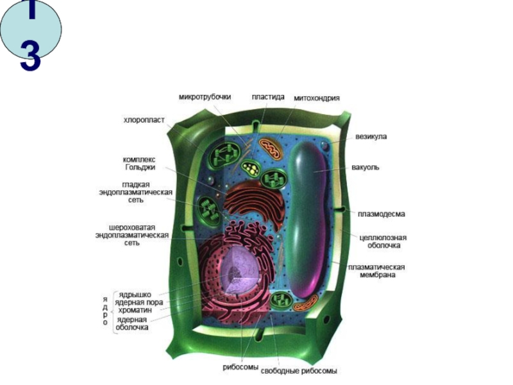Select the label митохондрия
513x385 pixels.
click(317, 98)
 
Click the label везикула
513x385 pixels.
click(371, 137)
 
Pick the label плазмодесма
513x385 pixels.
click(381, 214)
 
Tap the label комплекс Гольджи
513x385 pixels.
click(139, 163)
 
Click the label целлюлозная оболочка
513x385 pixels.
click(383, 241)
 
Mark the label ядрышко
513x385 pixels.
click(135, 295)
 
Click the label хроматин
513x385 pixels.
click(134, 310)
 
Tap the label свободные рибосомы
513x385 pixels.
click(307, 371)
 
